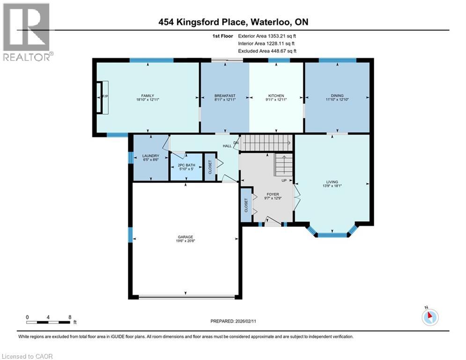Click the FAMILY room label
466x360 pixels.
pos(148,96)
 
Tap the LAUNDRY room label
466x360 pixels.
pos(151,156)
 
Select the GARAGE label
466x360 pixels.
pos(185,237)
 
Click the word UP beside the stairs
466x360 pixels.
pos(284,180)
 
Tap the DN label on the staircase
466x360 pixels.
pos(236,142)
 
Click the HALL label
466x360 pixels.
pos(227,146)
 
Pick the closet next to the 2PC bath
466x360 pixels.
pos(210,166)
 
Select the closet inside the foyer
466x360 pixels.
pos(246,205)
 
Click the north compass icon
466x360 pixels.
pos(429,317)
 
